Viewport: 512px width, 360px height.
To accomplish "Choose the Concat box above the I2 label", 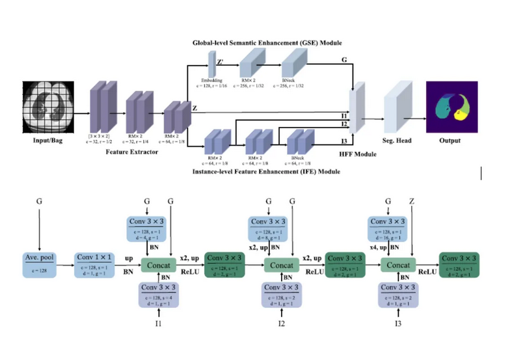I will [x=281, y=266].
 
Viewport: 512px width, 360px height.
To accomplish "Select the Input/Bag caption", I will [x=49, y=141].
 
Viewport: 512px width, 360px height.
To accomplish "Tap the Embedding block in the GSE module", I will [x=211, y=65].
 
